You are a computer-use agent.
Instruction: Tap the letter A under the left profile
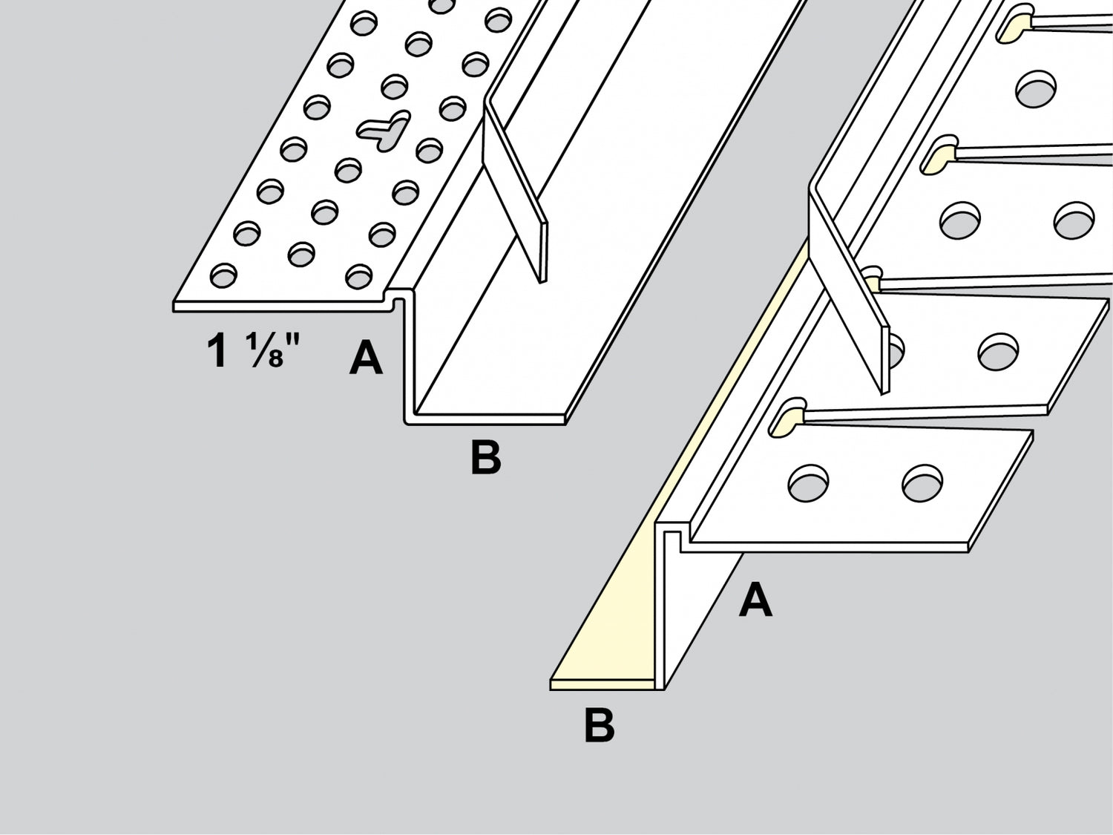pyautogui.click(x=366, y=358)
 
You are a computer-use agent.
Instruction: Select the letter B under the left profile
pyautogui.click(x=486, y=457)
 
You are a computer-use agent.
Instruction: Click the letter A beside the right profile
pyautogui.click(x=755, y=600)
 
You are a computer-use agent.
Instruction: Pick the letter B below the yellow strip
pyautogui.click(x=599, y=726)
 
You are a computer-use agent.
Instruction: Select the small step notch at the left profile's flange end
pyautogui.click(x=398, y=299)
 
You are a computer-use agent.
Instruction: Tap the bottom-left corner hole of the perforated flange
pyautogui.click(x=223, y=276)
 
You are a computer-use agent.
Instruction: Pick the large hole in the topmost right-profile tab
pyautogui.click(x=1036, y=89)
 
